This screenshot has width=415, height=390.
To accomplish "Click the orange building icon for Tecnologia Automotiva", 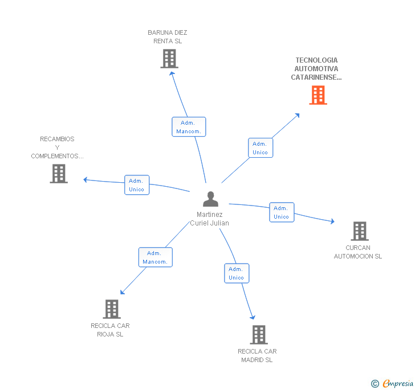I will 318,95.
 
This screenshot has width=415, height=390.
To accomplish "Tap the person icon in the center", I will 211,199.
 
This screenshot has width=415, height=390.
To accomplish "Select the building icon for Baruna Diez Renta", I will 169,59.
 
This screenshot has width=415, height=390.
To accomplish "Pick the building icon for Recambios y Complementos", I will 59,174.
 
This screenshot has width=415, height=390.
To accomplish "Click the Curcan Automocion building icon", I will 359,231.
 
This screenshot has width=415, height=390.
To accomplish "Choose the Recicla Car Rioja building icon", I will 112,309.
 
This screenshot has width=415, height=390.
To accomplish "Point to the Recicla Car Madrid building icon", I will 258,335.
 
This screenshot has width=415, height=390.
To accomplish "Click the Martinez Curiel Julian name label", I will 210,219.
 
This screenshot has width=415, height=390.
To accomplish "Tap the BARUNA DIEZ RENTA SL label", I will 167,37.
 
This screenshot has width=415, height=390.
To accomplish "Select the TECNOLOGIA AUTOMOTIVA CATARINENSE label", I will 316,68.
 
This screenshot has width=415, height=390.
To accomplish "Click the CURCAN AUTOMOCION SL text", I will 358,252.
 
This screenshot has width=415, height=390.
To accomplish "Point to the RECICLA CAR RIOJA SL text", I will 110,330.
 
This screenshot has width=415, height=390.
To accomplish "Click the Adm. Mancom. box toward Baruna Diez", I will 189,127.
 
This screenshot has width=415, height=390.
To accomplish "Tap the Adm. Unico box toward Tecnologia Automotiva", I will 261,148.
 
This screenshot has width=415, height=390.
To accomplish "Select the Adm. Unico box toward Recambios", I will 137,185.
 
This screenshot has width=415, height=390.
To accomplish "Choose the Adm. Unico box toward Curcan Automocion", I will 282,212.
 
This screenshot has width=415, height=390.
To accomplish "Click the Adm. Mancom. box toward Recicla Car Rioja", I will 155,257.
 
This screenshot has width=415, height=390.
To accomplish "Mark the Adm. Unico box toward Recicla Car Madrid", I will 237,273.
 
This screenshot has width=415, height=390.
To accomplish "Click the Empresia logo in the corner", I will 393,384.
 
